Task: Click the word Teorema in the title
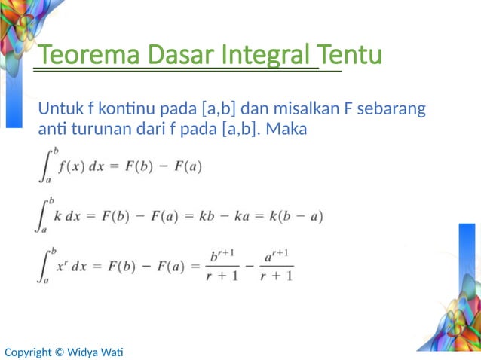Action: point(78,56)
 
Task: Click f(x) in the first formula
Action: point(72,166)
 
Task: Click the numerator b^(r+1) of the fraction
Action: point(223,256)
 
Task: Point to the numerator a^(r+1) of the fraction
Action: point(274,256)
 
